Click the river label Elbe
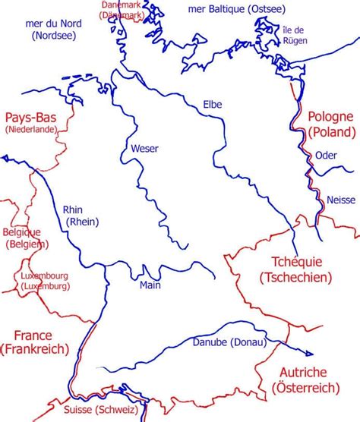pos(213,105)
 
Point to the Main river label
pos(150,286)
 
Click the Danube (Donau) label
pos(230,342)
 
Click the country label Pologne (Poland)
pos(331,124)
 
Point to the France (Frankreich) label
pos(35,342)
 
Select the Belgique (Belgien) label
pos(25,238)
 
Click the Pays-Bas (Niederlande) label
pos(33,123)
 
